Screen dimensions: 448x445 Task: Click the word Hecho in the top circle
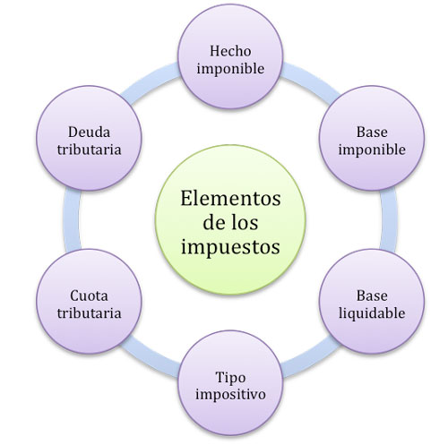pyautogui.click(x=230, y=51)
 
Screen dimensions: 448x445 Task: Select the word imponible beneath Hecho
pyautogui.click(x=230, y=69)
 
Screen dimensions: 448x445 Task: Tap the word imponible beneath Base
pyautogui.click(x=372, y=150)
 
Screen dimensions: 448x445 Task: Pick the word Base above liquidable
pyautogui.click(x=372, y=295)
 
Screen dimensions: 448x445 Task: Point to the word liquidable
pyautogui.click(x=372, y=313)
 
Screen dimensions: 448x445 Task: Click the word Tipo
pyautogui.click(x=230, y=378)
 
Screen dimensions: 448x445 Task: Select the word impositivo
pyautogui.click(x=230, y=395)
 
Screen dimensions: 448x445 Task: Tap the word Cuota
pyautogui.click(x=89, y=295)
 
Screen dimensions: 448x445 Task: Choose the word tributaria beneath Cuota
pyautogui.click(x=89, y=313)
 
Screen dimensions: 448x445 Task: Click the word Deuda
pyautogui.click(x=89, y=133)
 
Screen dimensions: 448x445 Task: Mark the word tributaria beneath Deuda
pyautogui.click(x=89, y=150)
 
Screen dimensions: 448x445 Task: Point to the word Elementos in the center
pyautogui.click(x=230, y=198)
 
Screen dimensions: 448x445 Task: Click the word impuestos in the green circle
pyautogui.click(x=230, y=247)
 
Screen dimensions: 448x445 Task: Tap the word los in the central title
pyautogui.click(x=245, y=223)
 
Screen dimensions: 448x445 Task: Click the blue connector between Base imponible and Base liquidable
pyautogui.click(x=389, y=219)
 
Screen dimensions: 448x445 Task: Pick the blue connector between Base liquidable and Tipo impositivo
pyautogui.click(x=311, y=358)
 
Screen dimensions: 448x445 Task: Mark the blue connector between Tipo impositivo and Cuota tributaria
pyautogui.click(x=151, y=358)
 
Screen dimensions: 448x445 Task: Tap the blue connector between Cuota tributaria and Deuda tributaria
pyautogui.click(x=73, y=219)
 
